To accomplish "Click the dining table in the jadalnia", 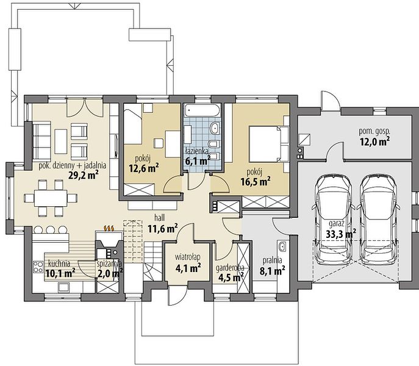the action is coord(51,198).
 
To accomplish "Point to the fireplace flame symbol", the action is coord(109,228).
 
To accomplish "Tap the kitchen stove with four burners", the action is coord(38,267).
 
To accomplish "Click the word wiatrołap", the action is coord(188,257).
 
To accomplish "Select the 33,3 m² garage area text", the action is coord(341,234).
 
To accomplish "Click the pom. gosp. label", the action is coord(374,131).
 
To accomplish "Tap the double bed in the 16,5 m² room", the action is coord(269,144).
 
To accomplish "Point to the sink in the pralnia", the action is coord(282,246).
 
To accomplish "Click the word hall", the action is coord(159,217).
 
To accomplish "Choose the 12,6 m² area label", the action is coord(144,168).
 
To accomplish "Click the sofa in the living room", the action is coord(41,141).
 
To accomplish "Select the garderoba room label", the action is coord(230,268).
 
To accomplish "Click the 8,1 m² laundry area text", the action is coord(272,271).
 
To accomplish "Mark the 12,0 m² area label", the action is coord(374,141).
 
